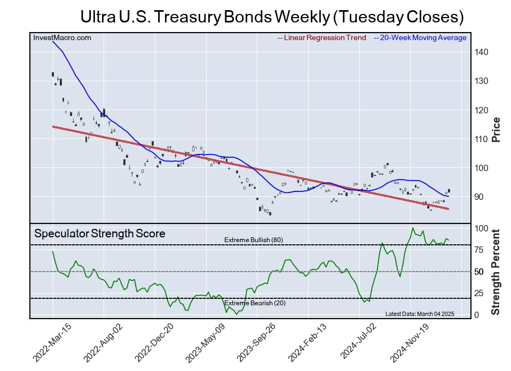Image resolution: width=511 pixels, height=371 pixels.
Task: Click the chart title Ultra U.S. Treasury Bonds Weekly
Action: tap(272, 17)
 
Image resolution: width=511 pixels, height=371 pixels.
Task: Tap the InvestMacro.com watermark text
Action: tap(62, 37)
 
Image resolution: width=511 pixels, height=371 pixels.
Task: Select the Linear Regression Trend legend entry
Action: tap(321, 38)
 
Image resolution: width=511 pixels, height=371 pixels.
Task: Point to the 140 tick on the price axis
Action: tap(479, 52)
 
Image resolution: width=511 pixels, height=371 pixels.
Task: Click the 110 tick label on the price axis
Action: tap(479, 139)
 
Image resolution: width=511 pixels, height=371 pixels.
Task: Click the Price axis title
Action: tap(496, 129)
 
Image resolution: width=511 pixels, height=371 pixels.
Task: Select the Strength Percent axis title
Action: tap(496, 272)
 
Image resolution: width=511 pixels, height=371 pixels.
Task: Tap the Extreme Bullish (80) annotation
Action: tap(254, 240)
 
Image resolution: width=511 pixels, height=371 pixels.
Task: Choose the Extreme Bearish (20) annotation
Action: tap(253, 303)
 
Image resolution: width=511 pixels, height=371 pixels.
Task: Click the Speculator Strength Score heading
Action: tap(100, 234)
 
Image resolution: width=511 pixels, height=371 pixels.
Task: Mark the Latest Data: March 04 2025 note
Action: tap(419, 314)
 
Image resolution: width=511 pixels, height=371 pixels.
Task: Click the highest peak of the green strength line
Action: tap(412, 228)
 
